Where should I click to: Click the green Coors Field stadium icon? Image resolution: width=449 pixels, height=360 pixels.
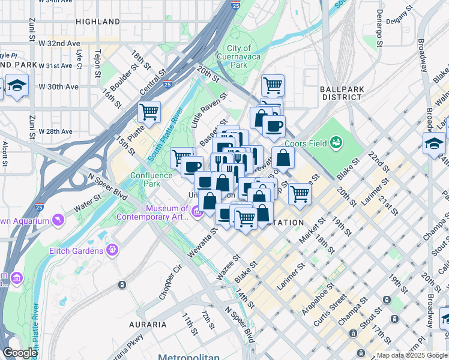336,142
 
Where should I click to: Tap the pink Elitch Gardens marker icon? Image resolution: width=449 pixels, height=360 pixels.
112,249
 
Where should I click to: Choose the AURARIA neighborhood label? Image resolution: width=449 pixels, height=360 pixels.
148,325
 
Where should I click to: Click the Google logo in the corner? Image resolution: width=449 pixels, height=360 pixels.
19,353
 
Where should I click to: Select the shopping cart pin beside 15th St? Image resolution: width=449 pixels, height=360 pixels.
149,112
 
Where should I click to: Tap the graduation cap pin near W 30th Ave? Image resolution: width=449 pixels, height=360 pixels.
17,85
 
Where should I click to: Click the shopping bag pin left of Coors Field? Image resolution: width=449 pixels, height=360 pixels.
282,158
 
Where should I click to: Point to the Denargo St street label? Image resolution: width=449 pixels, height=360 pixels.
379,29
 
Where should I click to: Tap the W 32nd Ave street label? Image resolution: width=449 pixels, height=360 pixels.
59,44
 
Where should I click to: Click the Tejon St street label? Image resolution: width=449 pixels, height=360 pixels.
96,64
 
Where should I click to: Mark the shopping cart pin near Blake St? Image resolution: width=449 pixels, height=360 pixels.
299,194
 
